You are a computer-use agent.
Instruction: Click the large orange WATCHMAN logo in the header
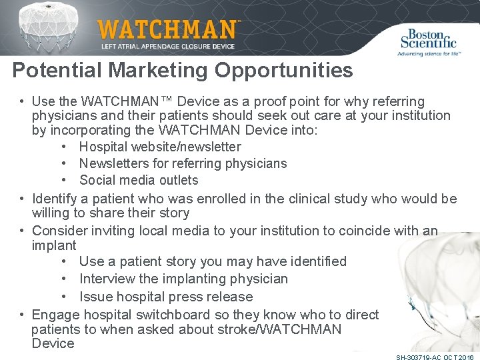point(167,29)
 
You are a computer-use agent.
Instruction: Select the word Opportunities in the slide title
point(287,70)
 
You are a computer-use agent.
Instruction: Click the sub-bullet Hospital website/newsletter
point(160,147)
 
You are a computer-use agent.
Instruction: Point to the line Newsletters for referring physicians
point(183,163)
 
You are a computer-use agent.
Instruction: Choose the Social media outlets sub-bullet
point(139,180)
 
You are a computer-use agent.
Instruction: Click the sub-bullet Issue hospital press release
point(166,297)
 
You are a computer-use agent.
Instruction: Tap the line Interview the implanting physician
point(183,279)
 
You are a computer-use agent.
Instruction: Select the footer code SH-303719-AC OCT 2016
point(434,357)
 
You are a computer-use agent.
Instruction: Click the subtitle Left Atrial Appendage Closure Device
point(168,47)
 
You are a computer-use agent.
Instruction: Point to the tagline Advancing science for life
point(429,53)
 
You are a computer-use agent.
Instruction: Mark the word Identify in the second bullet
point(55,199)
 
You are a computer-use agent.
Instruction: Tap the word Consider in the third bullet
point(59,231)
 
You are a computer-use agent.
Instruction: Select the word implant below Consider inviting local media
point(54,245)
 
